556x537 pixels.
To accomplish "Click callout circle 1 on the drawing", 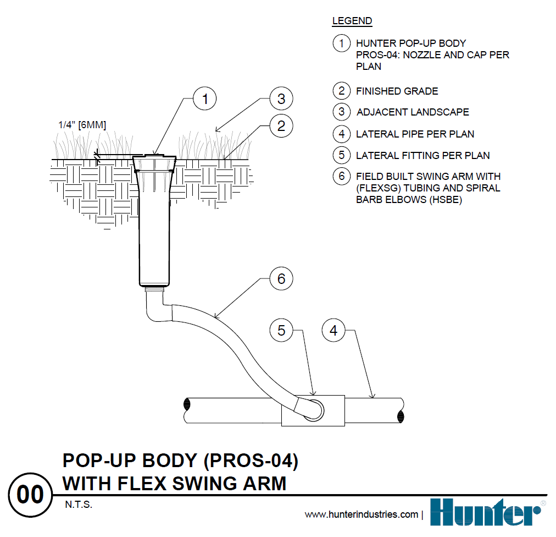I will (x=205, y=100).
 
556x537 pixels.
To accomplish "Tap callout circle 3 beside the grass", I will (x=281, y=99).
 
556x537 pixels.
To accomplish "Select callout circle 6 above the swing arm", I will (x=281, y=279).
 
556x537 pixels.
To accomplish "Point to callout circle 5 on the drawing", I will (x=281, y=331).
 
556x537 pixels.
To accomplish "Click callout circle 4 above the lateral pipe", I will (x=333, y=331).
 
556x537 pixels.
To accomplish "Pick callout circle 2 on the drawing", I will (x=281, y=126).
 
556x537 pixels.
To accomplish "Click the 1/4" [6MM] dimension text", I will (x=82, y=125).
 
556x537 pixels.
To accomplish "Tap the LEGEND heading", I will (x=352, y=21).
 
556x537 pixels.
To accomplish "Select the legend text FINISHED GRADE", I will (x=397, y=91).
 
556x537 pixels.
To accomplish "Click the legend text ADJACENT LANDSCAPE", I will (x=413, y=112).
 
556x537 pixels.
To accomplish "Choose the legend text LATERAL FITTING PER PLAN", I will (x=422, y=156).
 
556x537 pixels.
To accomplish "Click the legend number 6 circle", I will (x=342, y=176).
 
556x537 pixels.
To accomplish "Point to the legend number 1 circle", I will (x=342, y=43).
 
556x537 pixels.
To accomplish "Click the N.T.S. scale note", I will (x=77, y=504).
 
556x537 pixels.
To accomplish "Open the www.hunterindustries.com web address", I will (x=362, y=515).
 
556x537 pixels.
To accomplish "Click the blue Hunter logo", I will (x=483, y=512).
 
